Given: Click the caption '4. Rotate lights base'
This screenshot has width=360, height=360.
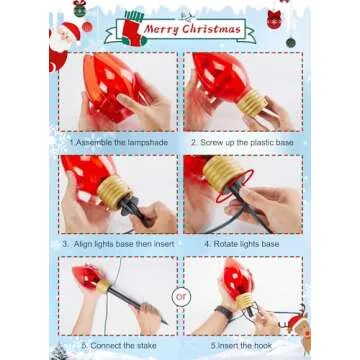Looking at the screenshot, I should (241, 242).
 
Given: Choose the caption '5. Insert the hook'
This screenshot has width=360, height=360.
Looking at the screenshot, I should (241, 345).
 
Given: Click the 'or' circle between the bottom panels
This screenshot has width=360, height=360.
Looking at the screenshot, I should (181, 296).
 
